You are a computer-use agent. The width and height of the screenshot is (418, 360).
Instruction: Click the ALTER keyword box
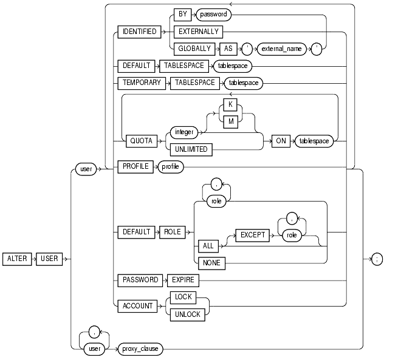[x=18, y=259]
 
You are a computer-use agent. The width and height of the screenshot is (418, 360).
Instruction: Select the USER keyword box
[x=50, y=259]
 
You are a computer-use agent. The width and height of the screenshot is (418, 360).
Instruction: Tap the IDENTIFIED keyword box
[x=139, y=32]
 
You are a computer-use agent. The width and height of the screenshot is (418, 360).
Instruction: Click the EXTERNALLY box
[x=198, y=32]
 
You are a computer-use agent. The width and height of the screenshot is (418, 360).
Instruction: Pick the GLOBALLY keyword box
[x=195, y=49]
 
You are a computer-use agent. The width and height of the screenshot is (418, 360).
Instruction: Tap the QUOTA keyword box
[x=140, y=140]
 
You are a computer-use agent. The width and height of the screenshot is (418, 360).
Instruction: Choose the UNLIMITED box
[x=191, y=149]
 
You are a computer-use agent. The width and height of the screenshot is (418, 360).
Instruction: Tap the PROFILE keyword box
[x=135, y=167]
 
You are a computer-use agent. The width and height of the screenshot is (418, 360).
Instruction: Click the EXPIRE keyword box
[x=182, y=280]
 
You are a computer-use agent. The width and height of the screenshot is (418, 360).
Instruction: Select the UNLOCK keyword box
[x=187, y=314]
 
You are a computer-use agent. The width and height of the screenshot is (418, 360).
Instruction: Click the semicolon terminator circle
[x=377, y=259]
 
